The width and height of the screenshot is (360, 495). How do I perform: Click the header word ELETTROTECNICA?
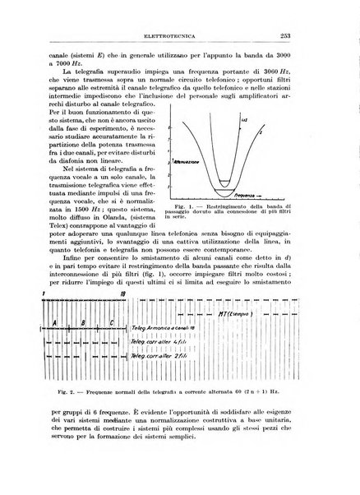point(179,35)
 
